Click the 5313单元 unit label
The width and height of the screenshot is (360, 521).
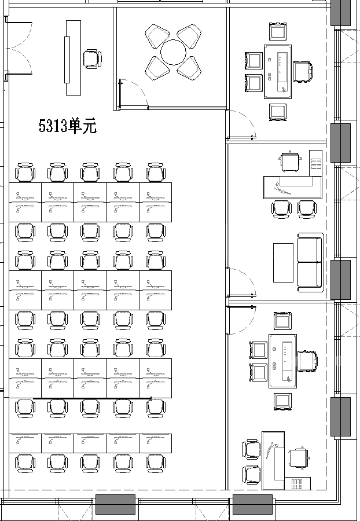click(x=67, y=126)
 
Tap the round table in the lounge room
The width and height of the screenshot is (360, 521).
click(x=173, y=52)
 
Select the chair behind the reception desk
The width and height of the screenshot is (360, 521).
click(x=93, y=59)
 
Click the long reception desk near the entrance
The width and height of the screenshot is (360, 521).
click(x=73, y=58)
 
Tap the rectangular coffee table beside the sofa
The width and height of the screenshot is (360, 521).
click(x=283, y=262)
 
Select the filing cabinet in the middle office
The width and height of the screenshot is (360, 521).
click(x=315, y=163)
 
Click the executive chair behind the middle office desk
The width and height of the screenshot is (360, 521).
click(x=291, y=162)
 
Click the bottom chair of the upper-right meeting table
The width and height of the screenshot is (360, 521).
click(x=278, y=112)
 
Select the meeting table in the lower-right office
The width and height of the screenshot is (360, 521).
click(x=282, y=361)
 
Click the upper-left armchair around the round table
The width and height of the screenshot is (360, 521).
click(x=157, y=36)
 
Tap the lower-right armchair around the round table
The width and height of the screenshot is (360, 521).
click(x=189, y=68)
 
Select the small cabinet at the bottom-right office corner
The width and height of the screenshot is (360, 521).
click(x=297, y=483)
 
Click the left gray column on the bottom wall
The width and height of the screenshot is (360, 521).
click(x=116, y=504)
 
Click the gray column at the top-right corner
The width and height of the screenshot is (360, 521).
click(x=340, y=13)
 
